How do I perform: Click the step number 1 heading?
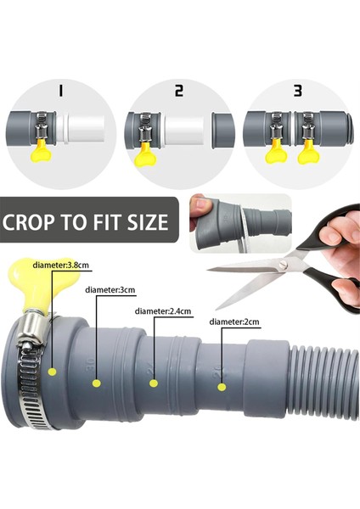[x=60, y=91]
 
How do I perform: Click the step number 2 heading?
[x=179, y=91]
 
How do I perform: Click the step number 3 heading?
[x=298, y=91]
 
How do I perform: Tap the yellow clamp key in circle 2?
[x=145, y=154]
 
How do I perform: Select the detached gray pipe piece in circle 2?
[x=222, y=131]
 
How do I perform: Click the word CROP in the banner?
[x=29, y=222]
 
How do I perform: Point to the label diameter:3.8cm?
[x=61, y=266]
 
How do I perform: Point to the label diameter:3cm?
[x=110, y=290]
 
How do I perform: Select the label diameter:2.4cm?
[x=163, y=311]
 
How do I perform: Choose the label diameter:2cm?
[x=234, y=322]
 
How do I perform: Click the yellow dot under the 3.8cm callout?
[x=53, y=372]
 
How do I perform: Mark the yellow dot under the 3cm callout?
[x=96, y=383]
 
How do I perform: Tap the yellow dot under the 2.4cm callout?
[x=154, y=383]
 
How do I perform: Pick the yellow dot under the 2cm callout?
[x=222, y=387]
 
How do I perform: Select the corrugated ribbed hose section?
[x=324, y=381]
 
